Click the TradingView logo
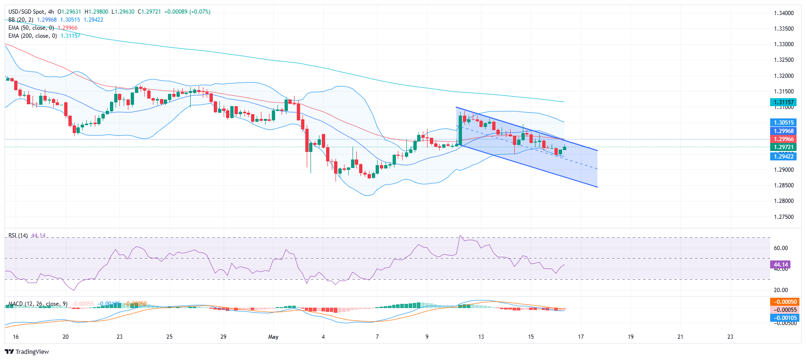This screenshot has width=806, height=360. [27, 352]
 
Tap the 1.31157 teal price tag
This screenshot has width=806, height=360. [783, 102]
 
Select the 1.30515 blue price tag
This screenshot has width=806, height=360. [783, 123]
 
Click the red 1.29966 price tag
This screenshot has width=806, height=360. [783, 139]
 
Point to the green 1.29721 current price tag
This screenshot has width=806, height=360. [783, 147]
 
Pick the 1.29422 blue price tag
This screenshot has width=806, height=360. [783, 156]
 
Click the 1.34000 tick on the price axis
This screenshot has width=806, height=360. [784, 13]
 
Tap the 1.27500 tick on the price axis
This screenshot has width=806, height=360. [784, 217]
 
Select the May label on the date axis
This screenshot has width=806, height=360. [273, 337]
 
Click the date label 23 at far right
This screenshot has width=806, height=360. [730, 337]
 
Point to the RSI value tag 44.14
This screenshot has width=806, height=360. [781, 265]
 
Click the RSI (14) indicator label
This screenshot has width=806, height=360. [18, 235]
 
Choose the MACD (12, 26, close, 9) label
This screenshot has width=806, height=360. [38, 304]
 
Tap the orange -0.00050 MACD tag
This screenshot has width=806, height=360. [783, 302]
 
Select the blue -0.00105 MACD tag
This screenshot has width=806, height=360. [783, 318]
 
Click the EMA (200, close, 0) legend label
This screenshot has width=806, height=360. [33, 36]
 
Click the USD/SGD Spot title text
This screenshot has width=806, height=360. [27, 12]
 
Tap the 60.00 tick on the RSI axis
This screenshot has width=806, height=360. [781, 248]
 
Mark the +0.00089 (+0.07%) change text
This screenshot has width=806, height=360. [187, 12]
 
